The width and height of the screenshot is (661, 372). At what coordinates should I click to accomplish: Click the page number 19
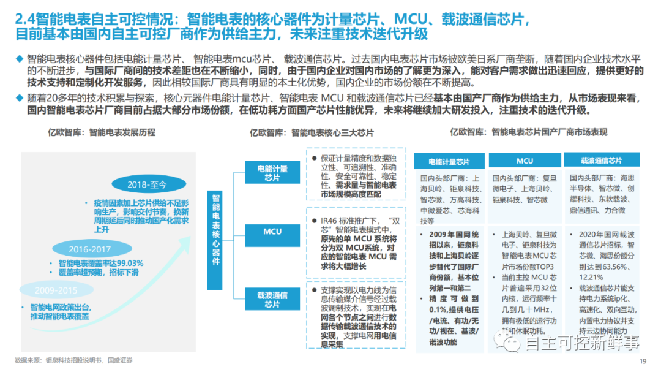pos(643,361)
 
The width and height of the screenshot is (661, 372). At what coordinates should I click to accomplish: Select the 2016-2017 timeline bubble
pos(89,249)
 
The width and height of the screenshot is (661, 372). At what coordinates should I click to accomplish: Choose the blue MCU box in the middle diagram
pos(272,232)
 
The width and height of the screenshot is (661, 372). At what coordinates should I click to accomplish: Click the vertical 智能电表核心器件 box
pos(215,229)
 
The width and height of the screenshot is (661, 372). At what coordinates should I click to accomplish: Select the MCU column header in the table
pos(525,161)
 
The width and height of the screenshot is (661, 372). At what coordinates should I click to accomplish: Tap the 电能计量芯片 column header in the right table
pos(449,162)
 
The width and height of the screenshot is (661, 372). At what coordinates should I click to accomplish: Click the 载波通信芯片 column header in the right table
pos(601,161)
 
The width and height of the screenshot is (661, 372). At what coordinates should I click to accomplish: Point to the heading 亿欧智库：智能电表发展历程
pos(102,132)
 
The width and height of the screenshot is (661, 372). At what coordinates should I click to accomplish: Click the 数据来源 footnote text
pos(73,360)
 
